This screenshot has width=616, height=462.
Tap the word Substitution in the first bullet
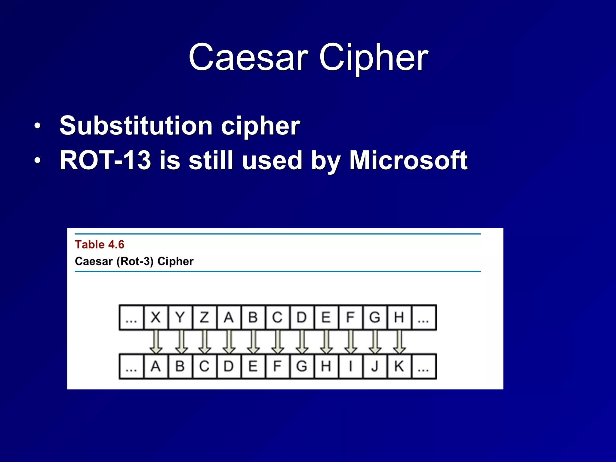click(136, 125)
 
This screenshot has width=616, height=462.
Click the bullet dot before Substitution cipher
click(37, 126)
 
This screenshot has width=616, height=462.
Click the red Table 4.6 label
click(100, 245)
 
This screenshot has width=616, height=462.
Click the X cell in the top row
click(156, 317)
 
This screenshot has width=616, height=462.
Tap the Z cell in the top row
click(204, 317)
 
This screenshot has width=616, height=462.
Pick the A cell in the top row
click(229, 317)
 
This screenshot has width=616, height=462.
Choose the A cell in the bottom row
click(156, 366)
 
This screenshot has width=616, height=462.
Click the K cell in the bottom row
click(399, 366)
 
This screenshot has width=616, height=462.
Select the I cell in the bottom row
click(350, 366)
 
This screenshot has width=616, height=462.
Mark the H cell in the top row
click(399, 317)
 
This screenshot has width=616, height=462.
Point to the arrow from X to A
click(156, 342)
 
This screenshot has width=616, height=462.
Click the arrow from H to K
click(399, 342)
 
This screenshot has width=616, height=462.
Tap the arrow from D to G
click(302, 342)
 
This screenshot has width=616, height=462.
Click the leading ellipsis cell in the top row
click(131, 318)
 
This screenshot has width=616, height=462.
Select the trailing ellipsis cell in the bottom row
click(423, 367)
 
